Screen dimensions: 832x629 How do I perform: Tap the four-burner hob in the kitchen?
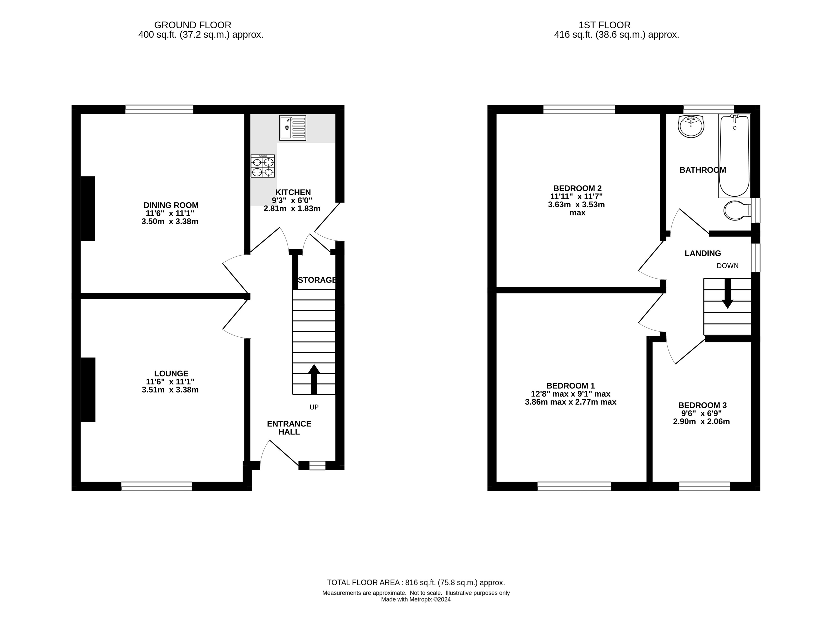coord(262,166)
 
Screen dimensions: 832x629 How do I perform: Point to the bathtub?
coord(734,156)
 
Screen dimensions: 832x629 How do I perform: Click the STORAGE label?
coord(317,280)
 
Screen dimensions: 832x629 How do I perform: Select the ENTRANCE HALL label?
coord(289,428)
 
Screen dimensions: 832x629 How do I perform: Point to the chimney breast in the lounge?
coord(88,390)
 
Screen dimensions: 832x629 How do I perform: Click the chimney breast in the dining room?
coord(88,209)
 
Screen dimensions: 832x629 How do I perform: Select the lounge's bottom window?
coord(157,486)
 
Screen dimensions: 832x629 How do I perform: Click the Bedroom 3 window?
coord(704,486)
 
